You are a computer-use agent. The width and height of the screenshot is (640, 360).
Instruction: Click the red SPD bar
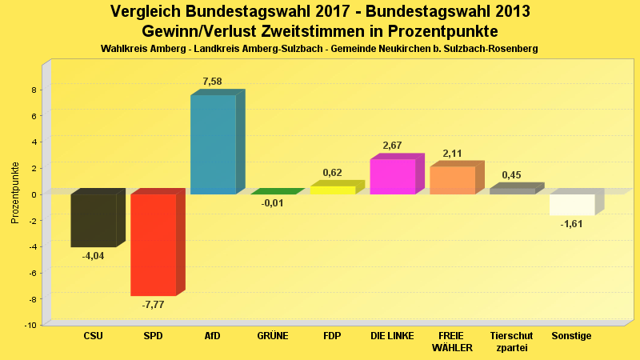pyautogui.click(x=153, y=245)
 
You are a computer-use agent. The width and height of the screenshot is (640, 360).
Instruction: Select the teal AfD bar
pyautogui.click(x=213, y=144)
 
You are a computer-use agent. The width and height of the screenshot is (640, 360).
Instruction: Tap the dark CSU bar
pyautogui.click(x=94, y=220)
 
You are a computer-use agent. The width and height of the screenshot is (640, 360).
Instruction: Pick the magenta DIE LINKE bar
pyautogui.click(x=393, y=177)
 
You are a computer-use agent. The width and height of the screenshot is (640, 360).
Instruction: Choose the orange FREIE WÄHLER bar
pyautogui.click(x=452, y=180)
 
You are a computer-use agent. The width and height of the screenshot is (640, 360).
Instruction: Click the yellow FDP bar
pyautogui.click(x=332, y=190)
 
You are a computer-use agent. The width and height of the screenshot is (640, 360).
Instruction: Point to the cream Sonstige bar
pyautogui.click(x=572, y=205)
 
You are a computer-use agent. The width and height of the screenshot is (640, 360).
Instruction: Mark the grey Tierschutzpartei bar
pyautogui.click(x=512, y=191)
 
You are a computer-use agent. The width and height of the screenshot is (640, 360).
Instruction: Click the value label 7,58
pyautogui.click(x=213, y=82)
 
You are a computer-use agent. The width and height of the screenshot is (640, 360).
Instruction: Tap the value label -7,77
pyautogui.click(x=153, y=305)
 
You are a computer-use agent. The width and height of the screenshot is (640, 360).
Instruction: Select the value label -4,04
pyautogui.click(x=94, y=256)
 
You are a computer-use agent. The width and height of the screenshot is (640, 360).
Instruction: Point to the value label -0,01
pyautogui.click(x=273, y=203)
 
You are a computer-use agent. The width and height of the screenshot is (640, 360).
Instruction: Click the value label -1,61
pyautogui.click(x=572, y=225)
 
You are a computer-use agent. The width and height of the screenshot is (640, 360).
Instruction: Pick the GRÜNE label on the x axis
pyautogui.click(x=273, y=336)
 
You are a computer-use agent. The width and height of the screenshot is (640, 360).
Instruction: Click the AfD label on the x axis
pyautogui.click(x=213, y=336)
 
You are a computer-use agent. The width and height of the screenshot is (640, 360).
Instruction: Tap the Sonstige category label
pyautogui.click(x=571, y=336)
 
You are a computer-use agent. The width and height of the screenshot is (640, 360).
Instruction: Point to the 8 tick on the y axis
pyautogui.click(x=34, y=90)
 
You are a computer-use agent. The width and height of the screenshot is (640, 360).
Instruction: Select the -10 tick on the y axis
pyautogui.click(x=31, y=325)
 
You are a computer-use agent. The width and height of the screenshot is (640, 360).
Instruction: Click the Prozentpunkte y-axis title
pyautogui.click(x=15, y=193)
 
